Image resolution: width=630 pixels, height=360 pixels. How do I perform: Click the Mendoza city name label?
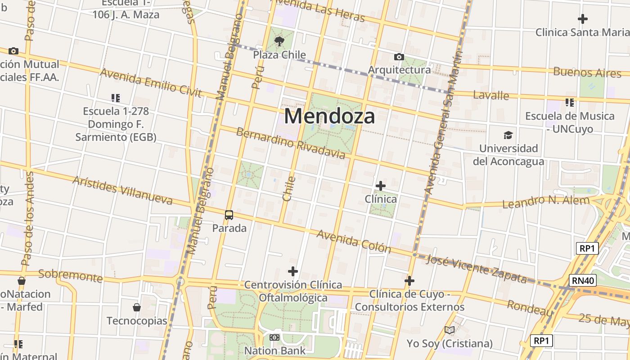pyautogui.click(x=329, y=116)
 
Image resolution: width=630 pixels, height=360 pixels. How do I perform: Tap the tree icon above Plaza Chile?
pyautogui.click(x=279, y=42)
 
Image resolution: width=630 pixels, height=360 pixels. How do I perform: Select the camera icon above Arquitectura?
pyautogui.click(x=399, y=57)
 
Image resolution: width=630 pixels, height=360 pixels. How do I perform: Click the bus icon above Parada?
pyautogui.click(x=229, y=215)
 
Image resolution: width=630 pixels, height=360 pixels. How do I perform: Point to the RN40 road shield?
pyautogui.click(x=582, y=281)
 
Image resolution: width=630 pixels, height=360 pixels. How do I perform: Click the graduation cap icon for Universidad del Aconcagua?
pyautogui.click(x=508, y=135)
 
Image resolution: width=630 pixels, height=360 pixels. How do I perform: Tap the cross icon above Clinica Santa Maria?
pyautogui.click(x=583, y=19)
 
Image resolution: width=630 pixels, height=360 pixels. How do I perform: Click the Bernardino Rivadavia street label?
pyautogui.click(x=291, y=144)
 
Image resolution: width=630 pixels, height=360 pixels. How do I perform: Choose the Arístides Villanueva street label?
pyautogui.click(x=122, y=190)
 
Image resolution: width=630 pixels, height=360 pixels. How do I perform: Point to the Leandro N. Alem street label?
pyautogui.click(x=545, y=202)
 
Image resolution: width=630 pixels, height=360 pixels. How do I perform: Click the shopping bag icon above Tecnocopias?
pyautogui.click(x=137, y=307)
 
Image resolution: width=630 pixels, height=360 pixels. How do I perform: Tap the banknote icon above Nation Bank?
pyautogui.click(x=274, y=337)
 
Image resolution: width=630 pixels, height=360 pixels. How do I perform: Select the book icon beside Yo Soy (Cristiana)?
pyautogui.click(x=450, y=330)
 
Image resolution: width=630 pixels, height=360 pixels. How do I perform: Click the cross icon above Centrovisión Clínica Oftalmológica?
pyautogui.click(x=293, y=271)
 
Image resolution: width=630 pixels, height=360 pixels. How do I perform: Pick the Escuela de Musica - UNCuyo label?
pyautogui.click(x=570, y=122)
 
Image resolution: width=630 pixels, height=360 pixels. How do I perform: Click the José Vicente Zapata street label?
pyautogui.click(x=476, y=268)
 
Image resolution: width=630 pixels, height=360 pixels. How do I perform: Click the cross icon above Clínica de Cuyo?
pyautogui.click(x=409, y=281)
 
